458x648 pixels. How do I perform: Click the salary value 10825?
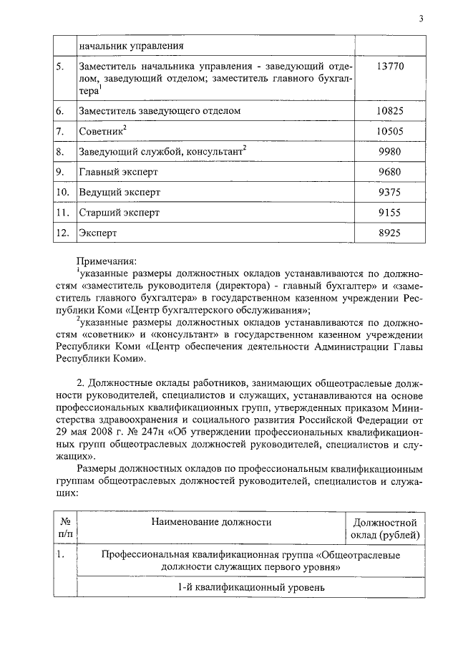(391, 111)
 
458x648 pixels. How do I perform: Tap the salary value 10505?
(391, 132)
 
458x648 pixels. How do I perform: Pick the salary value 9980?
(391, 152)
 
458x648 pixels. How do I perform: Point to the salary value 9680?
(391, 173)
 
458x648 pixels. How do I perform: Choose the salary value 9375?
(391, 193)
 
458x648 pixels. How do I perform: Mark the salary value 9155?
(391, 213)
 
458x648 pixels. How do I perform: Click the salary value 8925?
(391, 233)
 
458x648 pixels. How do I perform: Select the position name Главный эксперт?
(118, 173)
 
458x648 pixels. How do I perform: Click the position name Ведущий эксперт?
(120, 193)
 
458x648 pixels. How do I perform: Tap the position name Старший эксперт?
(120, 213)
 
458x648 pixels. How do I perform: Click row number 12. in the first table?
(63, 233)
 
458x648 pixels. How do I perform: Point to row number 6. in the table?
(61, 112)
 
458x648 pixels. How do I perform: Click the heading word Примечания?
(107, 262)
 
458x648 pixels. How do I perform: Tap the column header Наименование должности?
(211, 522)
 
